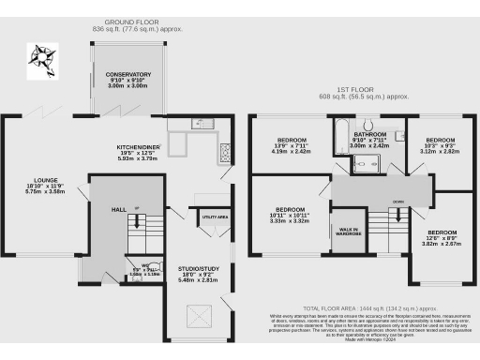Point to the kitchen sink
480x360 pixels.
tap(199, 125)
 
